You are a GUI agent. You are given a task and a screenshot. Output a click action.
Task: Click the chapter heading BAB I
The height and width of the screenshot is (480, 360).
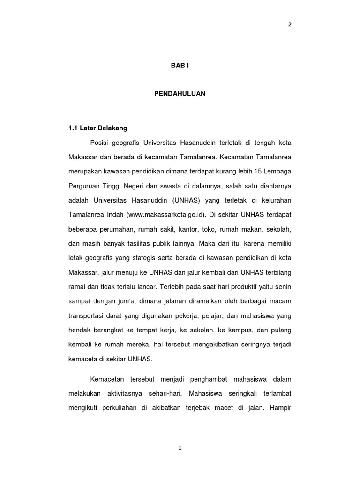180,66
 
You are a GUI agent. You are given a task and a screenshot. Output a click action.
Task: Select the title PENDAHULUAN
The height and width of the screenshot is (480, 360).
180,94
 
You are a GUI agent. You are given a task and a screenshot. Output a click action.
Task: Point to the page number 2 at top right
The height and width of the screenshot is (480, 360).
290,24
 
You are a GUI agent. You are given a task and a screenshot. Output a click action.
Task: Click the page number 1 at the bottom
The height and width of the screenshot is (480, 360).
180,448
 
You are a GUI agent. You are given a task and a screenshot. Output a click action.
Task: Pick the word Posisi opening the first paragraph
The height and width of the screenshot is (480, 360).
97,142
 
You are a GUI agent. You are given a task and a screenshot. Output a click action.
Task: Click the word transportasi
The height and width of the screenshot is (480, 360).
87,316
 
